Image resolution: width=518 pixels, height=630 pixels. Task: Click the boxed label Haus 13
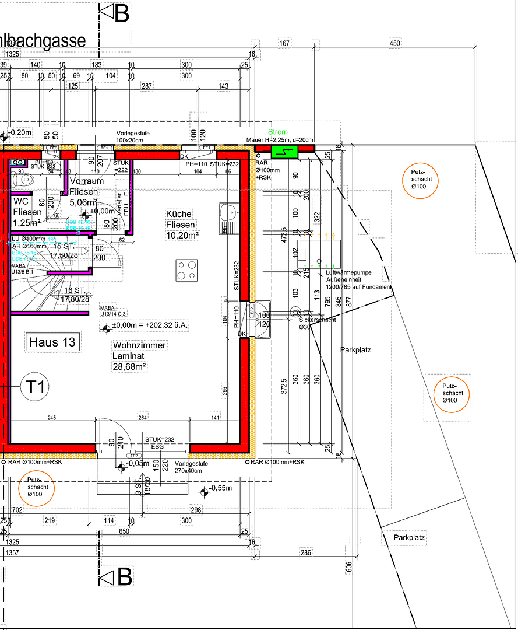[52, 342]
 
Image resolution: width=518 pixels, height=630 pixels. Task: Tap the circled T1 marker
[36, 386]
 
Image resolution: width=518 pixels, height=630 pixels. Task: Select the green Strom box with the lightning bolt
[283, 151]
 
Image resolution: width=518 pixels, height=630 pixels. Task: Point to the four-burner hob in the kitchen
[187, 271]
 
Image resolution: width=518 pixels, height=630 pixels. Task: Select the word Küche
[178, 214]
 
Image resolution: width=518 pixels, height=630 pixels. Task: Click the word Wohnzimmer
[139, 345]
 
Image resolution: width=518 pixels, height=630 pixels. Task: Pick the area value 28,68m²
[129, 366]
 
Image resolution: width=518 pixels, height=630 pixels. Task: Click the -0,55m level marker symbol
[203, 492]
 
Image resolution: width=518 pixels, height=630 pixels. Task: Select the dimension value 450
[395, 43]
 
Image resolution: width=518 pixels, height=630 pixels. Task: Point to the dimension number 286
[306, 552]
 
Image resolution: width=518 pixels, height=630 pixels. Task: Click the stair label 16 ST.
[75, 290]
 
